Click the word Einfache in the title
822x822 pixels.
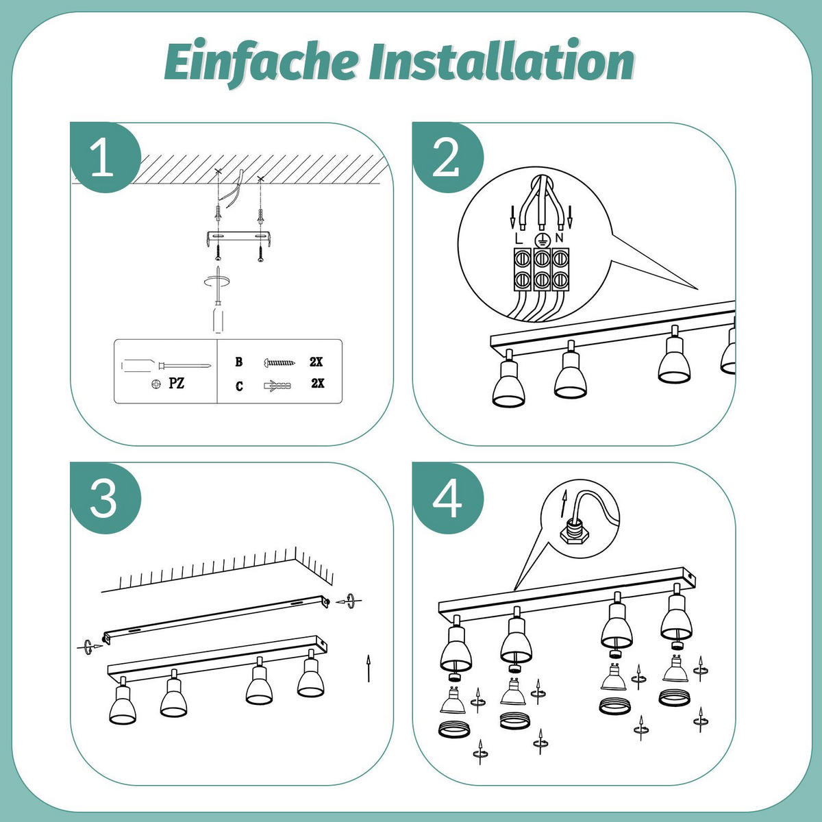click(x=260, y=63)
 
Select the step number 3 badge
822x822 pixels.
click(x=103, y=498)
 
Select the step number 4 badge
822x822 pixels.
click(x=447, y=498)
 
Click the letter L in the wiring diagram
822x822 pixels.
click(x=518, y=238)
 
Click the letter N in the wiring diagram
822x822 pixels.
click(x=559, y=238)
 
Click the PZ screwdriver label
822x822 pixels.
click(x=176, y=384)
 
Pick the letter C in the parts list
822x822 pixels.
click(x=239, y=386)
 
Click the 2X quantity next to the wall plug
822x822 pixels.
click(x=317, y=384)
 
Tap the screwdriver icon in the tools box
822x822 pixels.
click(x=164, y=364)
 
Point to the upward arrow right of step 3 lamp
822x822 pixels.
click(x=369, y=668)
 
